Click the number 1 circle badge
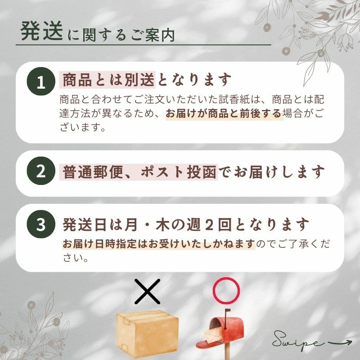click(41, 81)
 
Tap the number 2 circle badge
click(41, 171)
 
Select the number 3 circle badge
click(41, 224)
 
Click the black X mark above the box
click(147, 291)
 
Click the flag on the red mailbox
click(227, 310)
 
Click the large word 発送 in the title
click(41, 31)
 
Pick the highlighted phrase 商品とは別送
click(108, 80)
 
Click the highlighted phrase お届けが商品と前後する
click(224, 113)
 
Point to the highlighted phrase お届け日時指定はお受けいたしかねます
click(159, 244)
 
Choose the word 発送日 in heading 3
click(85, 225)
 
